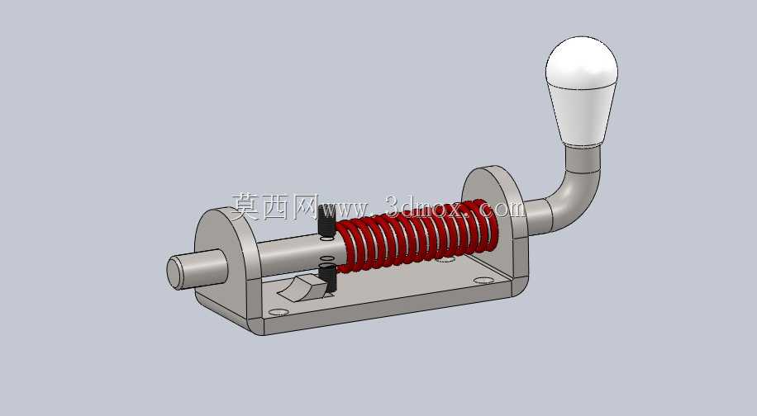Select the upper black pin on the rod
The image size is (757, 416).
coord(326,221)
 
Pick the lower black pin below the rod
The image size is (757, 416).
coord(327,279)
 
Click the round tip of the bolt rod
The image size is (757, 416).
coord(174,273)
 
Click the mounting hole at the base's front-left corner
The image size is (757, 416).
coord(279,312)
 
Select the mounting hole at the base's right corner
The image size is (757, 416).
coord(483,280)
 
